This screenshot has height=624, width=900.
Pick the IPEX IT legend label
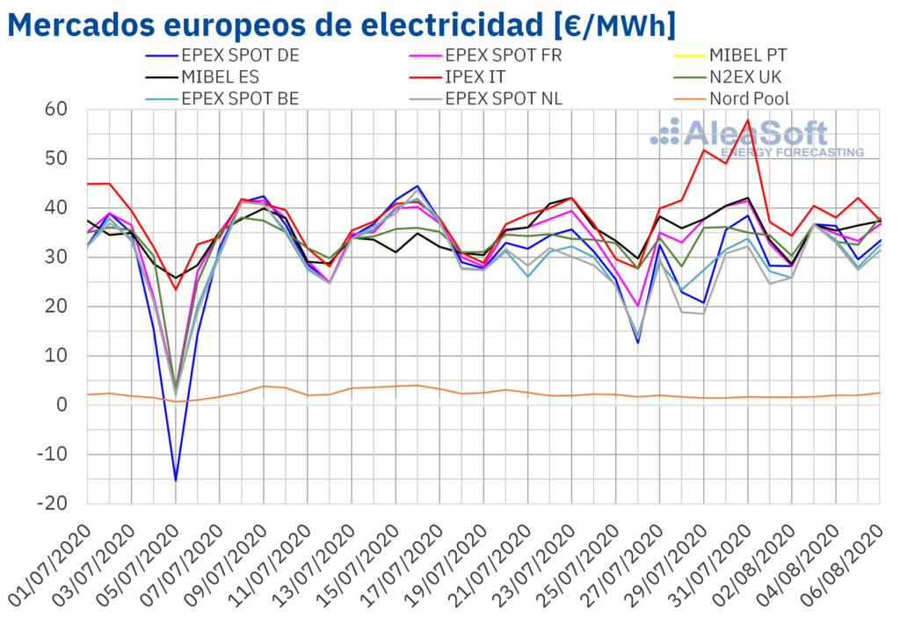click(x=482, y=76)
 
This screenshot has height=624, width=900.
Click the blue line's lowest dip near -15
click(x=176, y=481)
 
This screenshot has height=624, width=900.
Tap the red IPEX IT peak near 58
click(x=748, y=120)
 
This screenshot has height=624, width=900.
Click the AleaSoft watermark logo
click(x=756, y=136)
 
